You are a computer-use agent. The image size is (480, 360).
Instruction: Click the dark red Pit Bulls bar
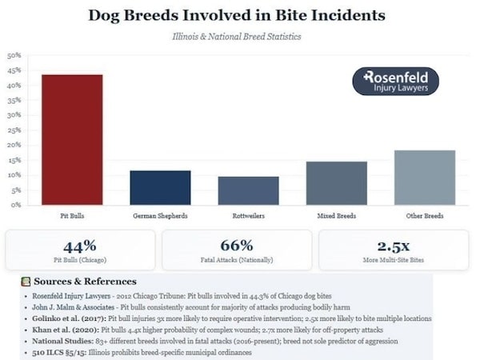[72, 140]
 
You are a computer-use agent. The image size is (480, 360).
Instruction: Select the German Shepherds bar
[160, 188]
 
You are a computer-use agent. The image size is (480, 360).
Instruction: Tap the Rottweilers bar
[248, 190]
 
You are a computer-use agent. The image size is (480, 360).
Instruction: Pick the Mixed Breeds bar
[337, 183]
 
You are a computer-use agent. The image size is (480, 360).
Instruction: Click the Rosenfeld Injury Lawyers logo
[395, 82]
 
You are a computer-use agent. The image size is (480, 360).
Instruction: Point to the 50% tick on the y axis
[14, 56]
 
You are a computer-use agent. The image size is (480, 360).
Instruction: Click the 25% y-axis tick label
[14, 130]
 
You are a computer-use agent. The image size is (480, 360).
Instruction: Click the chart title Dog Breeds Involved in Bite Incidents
[236, 15]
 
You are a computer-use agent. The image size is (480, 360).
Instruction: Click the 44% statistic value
[79, 246]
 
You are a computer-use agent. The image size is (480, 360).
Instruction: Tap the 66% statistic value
[237, 246]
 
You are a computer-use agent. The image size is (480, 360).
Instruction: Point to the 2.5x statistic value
[394, 246]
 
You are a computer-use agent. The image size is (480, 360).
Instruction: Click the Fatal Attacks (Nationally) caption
[237, 261]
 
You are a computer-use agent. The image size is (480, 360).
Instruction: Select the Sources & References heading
[84, 282]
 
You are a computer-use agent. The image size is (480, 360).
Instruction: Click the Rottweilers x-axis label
[248, 216]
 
